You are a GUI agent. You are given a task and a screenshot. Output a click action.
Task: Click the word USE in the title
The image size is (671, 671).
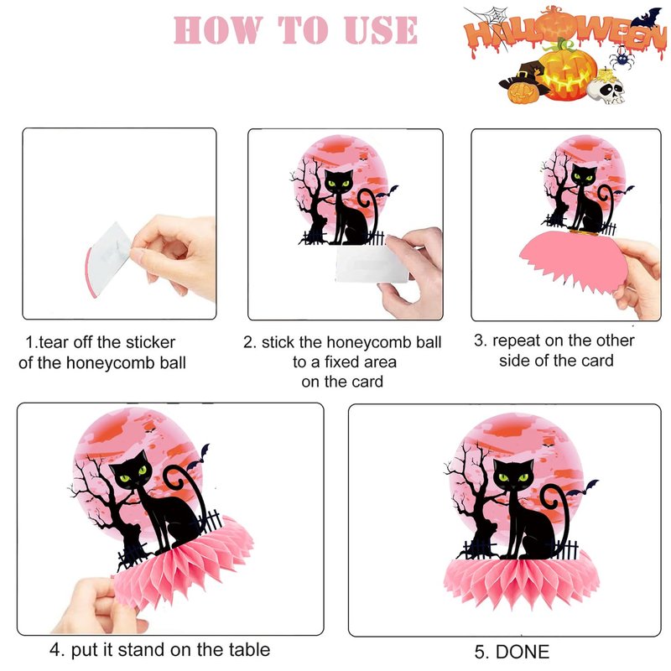[x=381, y=30]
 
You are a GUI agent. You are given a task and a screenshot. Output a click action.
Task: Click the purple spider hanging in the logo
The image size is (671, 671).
[x=620, y=57]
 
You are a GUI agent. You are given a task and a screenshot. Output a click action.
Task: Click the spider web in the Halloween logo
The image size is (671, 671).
[x=490, y=19]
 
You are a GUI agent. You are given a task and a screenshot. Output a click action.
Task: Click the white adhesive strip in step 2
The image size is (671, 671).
[x=372, y=263]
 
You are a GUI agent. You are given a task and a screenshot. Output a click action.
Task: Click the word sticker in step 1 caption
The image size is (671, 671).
[x=150, y=342]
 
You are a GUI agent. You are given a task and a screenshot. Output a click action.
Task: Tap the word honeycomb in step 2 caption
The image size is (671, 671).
[x=368, y=342]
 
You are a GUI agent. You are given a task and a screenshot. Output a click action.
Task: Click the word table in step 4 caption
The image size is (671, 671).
[x=248, y=649]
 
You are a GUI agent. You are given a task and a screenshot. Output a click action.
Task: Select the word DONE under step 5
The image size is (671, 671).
[x=522, y=652]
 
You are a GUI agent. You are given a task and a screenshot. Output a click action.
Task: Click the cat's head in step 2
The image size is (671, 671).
[x=339, y=180]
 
